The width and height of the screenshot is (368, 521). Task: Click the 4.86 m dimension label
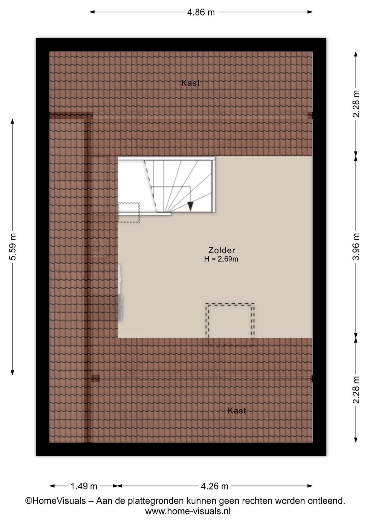coord(201,12)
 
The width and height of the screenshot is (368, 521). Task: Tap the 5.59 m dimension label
coord(13,246)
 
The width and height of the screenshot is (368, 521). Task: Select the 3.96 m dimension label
coord(356,246)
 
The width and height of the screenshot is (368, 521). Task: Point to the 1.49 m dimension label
coord(84,486)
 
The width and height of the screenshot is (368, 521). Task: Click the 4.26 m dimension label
coord(214,486)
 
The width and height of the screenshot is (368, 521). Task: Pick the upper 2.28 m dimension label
coord(356,104)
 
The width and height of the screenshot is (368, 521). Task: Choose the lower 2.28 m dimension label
coord(356,390)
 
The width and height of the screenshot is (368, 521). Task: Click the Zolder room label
coord(222,250)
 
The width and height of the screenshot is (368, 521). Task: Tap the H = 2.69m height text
coord(221,259)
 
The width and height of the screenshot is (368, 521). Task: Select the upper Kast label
coord(191,83)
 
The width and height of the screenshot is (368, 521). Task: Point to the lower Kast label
coord(237,411)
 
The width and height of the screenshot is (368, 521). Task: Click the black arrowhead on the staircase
coord(190,207)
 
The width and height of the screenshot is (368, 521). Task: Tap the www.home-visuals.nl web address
coord(188,512)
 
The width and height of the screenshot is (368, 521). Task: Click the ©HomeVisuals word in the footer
coord(56,501)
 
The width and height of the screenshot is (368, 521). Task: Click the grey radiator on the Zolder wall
coord(120,293)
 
